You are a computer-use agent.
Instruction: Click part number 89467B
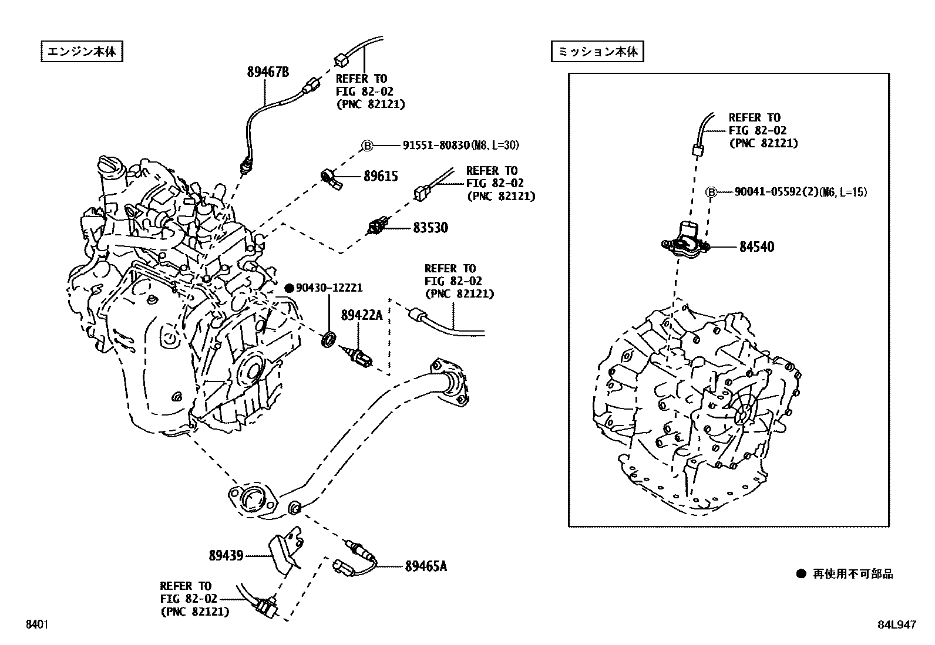(268, 72)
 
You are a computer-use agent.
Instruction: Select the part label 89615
(380, 176)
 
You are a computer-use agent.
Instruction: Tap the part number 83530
(430, 228)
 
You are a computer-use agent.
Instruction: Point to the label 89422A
(361, 316)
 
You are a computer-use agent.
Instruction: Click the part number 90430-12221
(329, 288)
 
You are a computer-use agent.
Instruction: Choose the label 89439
(226, 555)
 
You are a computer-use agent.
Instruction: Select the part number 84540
(756, 247)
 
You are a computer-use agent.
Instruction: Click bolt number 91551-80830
(436, 145)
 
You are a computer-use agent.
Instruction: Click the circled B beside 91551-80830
(366, 146)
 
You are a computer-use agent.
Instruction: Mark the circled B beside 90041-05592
(711, 192)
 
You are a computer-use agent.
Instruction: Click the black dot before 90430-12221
(289, 288)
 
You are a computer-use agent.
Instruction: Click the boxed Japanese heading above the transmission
(597, 52)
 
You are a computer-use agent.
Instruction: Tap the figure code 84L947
(896, 625)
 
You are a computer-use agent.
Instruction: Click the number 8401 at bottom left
(36, 625)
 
